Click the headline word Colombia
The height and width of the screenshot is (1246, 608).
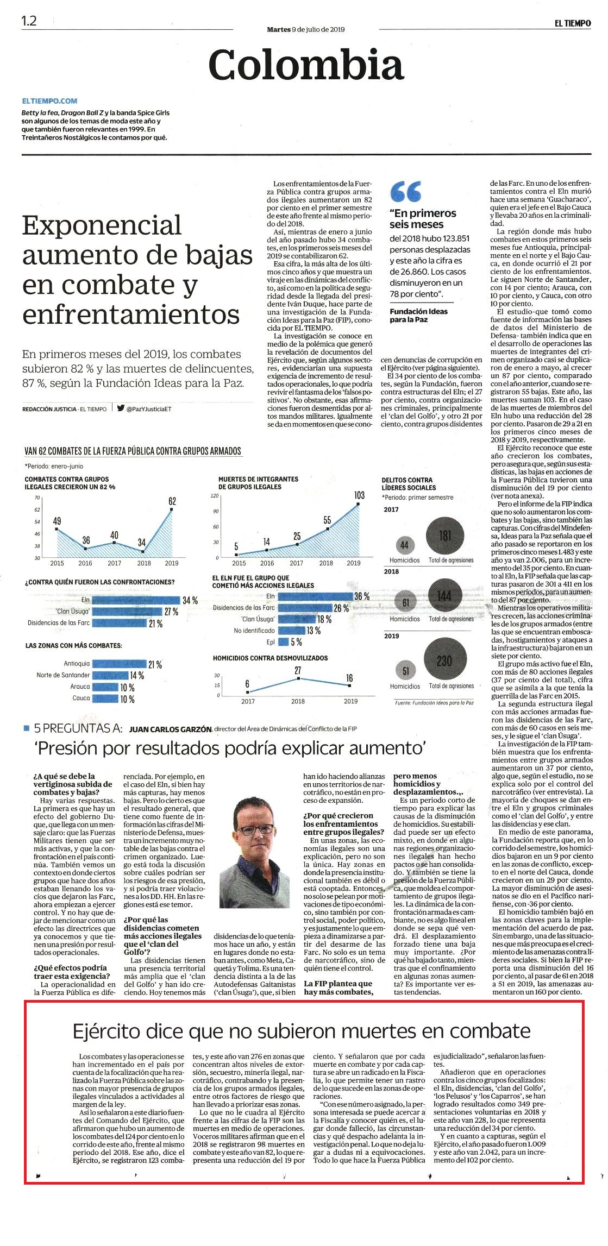pyautogui.click(x=306, y=65)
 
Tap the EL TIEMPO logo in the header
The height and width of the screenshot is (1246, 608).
pyautogui.click(x=572, y=23)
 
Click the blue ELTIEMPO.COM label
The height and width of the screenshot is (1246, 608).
pyautogui.click(x=50, y=100)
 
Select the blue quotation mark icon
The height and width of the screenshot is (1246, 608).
pyautogui.click(x=406, y=191)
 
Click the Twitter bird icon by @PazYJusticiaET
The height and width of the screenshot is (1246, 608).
pyautogui.click(x=121, y=408)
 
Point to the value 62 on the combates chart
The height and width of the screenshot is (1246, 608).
pyautogui.click(x=172, y=501)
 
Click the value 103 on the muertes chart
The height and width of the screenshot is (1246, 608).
pyautogui.click(x=359, y=495)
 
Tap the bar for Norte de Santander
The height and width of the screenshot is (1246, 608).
pyautogui.click(x=110, y=675)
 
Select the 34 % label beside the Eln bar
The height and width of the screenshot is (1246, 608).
pyautogui.click(x=190, y=600)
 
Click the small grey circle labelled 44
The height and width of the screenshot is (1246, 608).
pyautogui.click(x=404, y=545)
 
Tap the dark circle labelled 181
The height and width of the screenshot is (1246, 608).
pyautogui.click(x=445, y=536)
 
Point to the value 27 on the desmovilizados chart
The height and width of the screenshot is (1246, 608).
pyautogui.click(x=298, y=670)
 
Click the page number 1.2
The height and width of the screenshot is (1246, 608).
pyautogui.click(x=29, y=21)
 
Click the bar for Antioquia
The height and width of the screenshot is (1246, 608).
pyautogui.click(x=120, y=664)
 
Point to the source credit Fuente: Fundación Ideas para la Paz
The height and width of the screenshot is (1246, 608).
pyautogui.click(x=434, y=703)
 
